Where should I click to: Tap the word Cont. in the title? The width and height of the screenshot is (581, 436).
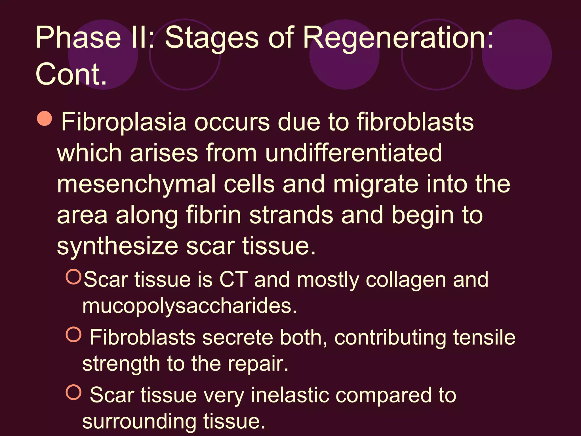[x=71, y=74]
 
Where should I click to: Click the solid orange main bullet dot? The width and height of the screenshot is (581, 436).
[x=45, y=118]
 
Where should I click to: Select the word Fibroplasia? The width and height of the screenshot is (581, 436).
[x=124, y=122]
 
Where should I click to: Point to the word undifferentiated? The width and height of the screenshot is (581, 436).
[x=353, y=153]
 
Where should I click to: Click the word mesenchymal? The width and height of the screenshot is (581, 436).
[x=136, y=185]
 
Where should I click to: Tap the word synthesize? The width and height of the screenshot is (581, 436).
[x=117, y=246]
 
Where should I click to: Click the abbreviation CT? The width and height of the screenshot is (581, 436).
[x=233, y=280]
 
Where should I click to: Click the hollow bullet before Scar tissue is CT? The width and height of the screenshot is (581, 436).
[x=73, y=277]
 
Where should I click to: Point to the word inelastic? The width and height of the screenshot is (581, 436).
[x=290, y=395]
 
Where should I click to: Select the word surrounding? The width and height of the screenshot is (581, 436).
[x=139, y=422]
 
